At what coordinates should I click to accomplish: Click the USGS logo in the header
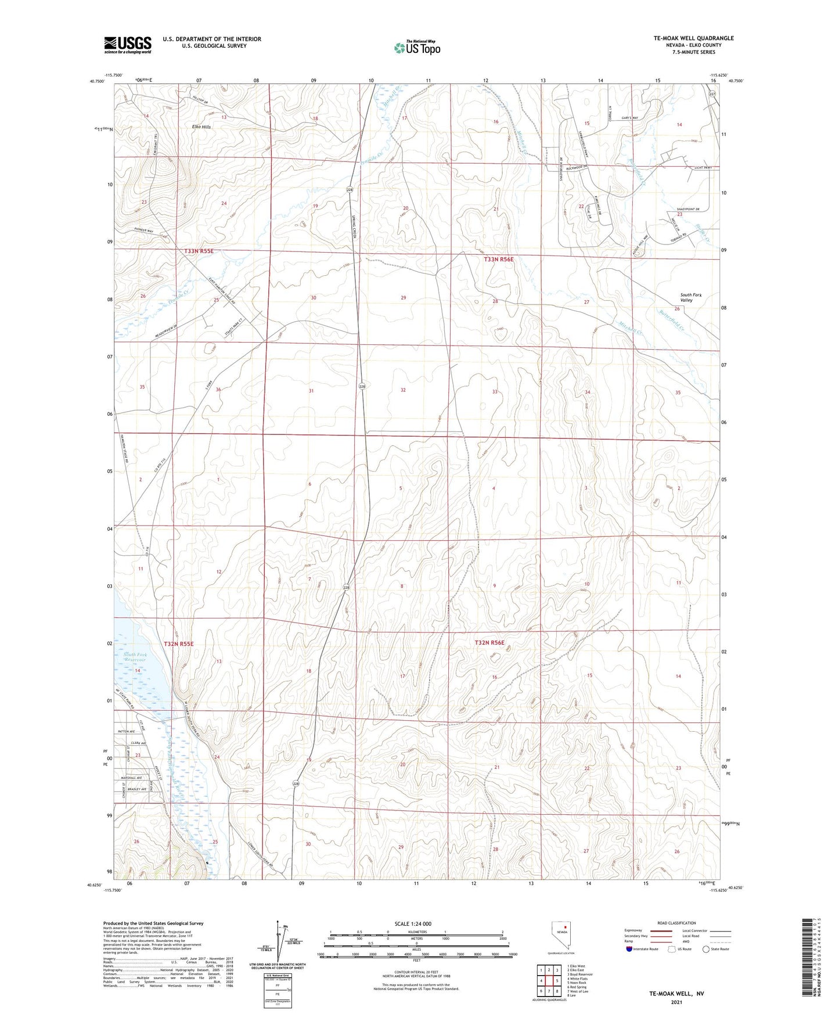[128, 44]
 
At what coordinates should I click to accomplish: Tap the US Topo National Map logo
[416, 47]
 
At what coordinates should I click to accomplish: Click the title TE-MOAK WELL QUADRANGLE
[693, 38]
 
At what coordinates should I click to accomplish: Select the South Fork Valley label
[691, 297]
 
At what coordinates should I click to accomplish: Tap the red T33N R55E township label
[199, 251]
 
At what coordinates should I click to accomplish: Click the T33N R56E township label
[499, 260]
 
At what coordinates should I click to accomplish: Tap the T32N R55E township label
[178, 644]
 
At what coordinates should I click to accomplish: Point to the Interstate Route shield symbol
[629, 949]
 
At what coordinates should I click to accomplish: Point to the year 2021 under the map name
[676, 1002]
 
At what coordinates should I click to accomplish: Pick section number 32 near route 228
[402, 390]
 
